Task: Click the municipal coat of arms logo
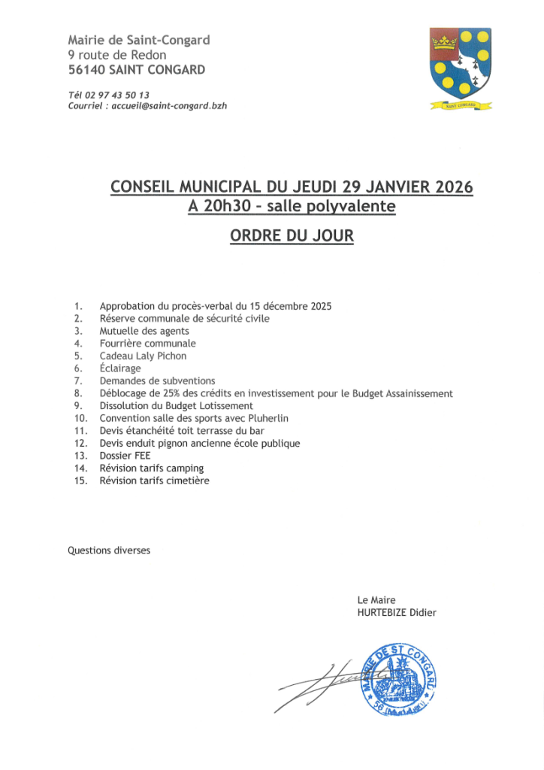click(x=460, y=67)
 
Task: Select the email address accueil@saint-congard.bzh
click(x=169, y=106)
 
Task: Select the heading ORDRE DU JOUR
click(x=292, y=235)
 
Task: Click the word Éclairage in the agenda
click(x=120, y=368)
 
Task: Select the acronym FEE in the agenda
click(x=142, y=456)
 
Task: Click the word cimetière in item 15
click(x=189, y=480)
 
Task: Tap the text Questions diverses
click(x=109, y=550)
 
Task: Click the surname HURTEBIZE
click(x=382, y=612)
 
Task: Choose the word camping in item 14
click(x=185, y=468)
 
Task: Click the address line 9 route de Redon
click(x=117, y=55)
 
